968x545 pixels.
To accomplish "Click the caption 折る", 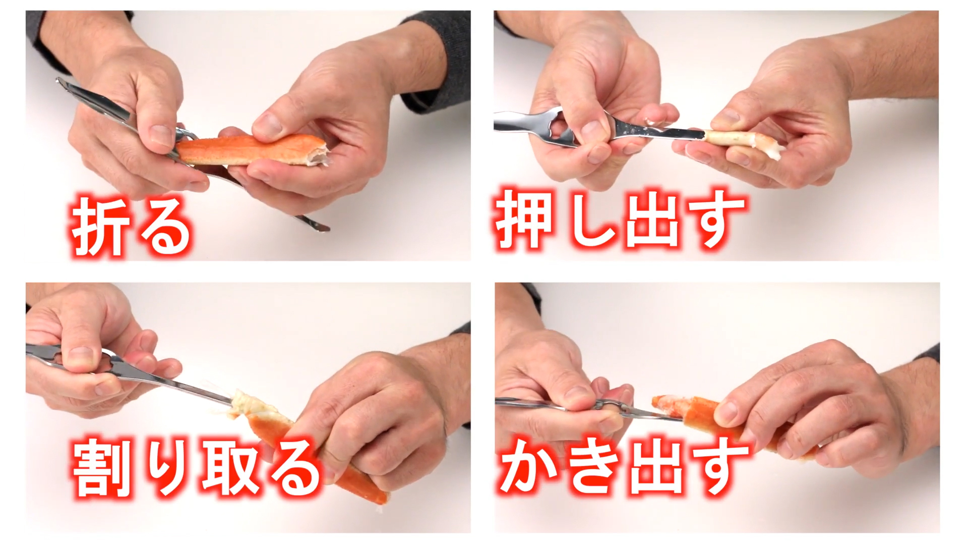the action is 131,227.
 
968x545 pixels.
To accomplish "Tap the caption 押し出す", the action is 620,220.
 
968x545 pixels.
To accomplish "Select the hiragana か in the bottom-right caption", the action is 529,467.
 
